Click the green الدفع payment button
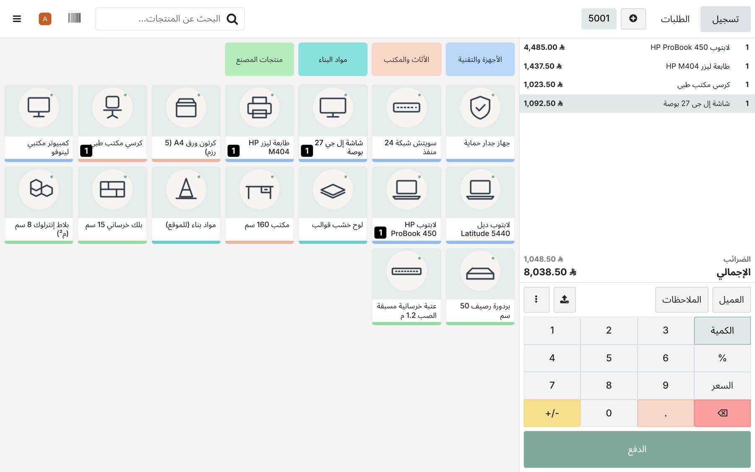coord(637,449)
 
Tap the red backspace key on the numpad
coord(722,413)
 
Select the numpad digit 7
coord(552,386)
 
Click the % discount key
coord(722,358)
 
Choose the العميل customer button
coord(732,300)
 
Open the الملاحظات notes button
coord(682,300)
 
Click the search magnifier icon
coord(232,19)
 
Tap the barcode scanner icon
coord(74,18)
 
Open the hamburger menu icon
coord(17,19)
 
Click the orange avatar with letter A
coord(45,19)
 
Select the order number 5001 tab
coord(599,18)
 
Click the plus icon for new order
coord(633,18)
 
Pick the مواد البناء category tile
coord(333,59)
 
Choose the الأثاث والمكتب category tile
coord(406,59)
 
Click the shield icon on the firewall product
coord(480,107)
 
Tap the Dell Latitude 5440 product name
coord(485,229)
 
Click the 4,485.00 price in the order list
coord(544,47)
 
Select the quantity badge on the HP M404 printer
coord(234,151)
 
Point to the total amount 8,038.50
coord(550,272)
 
